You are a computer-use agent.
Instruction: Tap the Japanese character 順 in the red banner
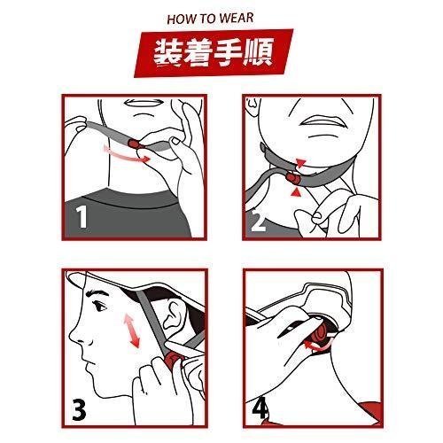[257, 51]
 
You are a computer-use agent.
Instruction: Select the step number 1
[82, 216]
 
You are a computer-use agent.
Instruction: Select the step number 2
[258, 221]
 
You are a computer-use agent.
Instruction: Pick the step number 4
[260, 408]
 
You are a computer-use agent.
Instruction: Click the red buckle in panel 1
[135, 144]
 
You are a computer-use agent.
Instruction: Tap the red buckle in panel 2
[292, 178]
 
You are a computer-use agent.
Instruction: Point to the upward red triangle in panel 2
[295, 192]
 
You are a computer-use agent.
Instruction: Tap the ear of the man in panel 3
[174, 314]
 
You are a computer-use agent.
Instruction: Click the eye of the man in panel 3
[100, 307]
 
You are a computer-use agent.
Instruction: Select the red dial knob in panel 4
[320, 335]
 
